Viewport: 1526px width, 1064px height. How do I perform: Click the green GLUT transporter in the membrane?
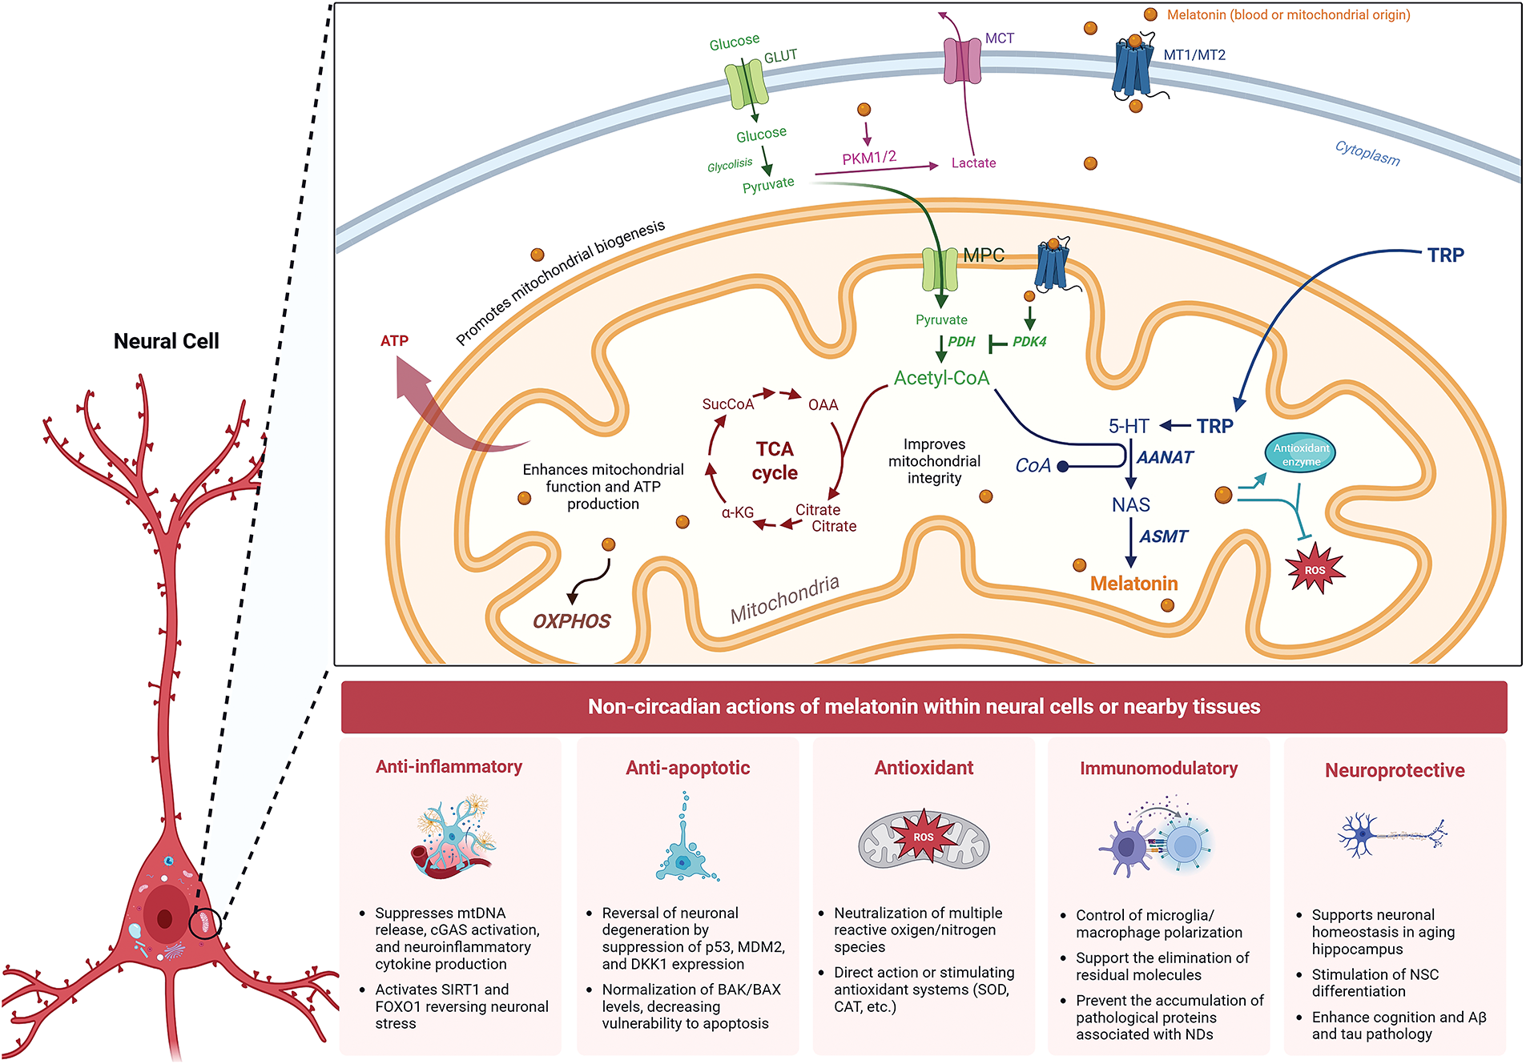(747, 84)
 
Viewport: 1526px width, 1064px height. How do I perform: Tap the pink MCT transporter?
(962, 61)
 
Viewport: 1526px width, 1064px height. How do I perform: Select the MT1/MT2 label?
(1194, 54)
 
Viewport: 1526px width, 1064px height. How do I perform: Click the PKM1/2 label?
(869, 157)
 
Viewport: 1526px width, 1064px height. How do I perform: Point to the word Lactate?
(973, 163)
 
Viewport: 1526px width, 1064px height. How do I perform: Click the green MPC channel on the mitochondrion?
(940, 269)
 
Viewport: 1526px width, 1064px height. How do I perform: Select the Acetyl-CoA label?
(941, 378)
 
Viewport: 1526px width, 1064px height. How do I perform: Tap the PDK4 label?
(1029, 342)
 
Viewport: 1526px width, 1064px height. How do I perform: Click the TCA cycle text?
(774, 460)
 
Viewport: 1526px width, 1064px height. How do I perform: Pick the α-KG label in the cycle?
(738, 512)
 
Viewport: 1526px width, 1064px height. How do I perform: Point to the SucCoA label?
(728, 404)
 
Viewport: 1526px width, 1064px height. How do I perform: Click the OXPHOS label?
(571, 621)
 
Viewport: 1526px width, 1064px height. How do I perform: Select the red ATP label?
(394, 341)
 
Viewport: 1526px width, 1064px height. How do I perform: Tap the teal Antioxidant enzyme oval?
(1301, 454)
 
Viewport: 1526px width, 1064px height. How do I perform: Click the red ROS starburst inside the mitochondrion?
(1315, 568)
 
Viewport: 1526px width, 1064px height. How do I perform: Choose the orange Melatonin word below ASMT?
(1133, 584)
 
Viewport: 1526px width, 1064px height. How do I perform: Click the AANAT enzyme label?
(1165, 457)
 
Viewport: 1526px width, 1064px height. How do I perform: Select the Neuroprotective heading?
(1395, 770)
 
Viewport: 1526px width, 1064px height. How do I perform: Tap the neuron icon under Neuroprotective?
(1392, 836)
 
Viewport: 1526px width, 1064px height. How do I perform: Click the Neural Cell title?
(166, 341)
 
